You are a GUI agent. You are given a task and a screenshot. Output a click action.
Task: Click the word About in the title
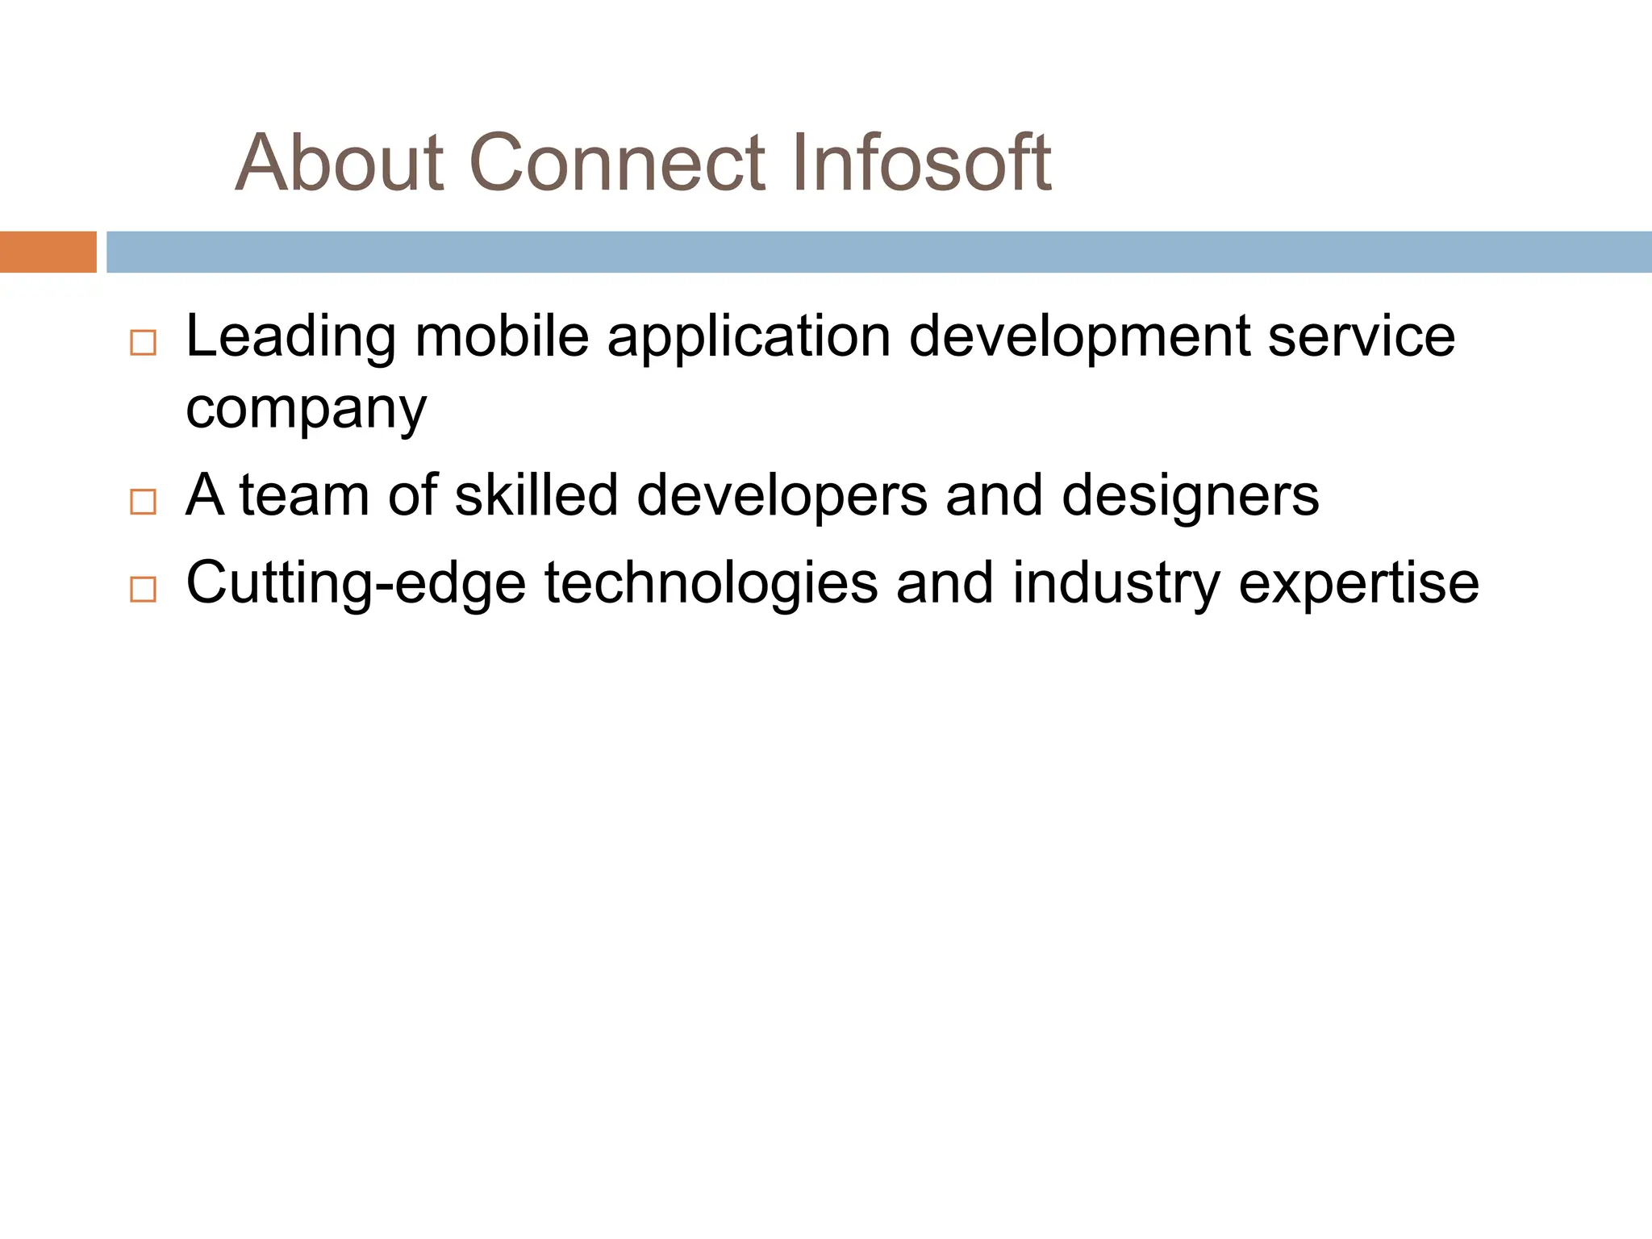tap(340, 164)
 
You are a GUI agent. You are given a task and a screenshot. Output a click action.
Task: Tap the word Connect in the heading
tap(616, 164)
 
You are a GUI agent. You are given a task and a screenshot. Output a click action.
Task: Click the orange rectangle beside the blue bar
tap(48, 252)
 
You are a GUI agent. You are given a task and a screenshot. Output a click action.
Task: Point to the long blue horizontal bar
tap(879, 252)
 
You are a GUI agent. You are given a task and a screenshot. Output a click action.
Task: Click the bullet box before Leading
tap(143, 343)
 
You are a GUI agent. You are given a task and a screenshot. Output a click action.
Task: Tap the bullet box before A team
tap(143, 502)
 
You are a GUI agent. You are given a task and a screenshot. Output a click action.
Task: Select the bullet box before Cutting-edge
tap(143, 590)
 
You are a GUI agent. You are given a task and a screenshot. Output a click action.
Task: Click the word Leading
tap(290, 337)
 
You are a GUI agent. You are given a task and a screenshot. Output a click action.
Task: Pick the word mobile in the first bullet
tap(502, 336)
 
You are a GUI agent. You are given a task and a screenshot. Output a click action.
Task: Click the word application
tap(749, 337)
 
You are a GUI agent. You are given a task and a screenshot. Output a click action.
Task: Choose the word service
tap(1361, 336)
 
